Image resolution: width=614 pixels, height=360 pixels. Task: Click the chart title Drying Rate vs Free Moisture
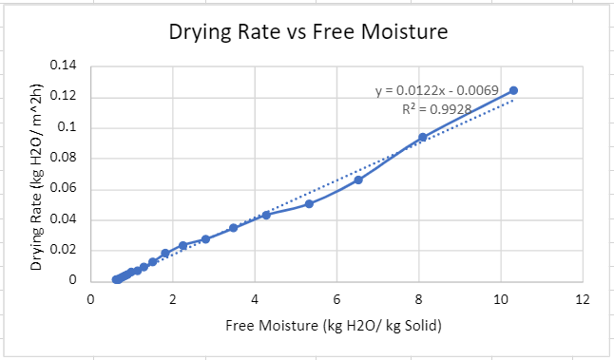coord(308,31)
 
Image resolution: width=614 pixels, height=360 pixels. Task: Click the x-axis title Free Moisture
coord(336,326)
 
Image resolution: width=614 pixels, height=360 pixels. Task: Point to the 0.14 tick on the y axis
coord(63,66)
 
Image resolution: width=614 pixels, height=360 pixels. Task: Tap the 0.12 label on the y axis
coord(63,97)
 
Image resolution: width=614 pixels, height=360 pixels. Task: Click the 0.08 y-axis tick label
coord(63,159)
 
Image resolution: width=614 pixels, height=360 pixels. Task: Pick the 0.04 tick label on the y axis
coord(63,219)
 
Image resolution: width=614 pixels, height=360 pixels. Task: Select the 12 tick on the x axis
coord(583,299)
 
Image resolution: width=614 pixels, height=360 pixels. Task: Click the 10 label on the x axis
coord(501,299)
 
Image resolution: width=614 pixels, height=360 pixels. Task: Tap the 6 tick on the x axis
coord(337,299)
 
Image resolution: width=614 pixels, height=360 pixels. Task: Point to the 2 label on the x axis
coord(173,299)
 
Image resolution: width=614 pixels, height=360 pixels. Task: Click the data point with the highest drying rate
coord(513,90)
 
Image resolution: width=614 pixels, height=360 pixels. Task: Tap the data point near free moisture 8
coord(423,137)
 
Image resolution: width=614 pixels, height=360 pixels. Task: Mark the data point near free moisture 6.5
coord(358,180)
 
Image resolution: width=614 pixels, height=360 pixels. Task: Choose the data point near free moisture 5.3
coord(309,203)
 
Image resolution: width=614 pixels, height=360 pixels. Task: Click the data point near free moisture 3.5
coord(233,228)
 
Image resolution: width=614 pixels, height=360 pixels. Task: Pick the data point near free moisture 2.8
coord(205,239)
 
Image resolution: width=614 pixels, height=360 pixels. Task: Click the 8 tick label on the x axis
coord(419,299)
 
